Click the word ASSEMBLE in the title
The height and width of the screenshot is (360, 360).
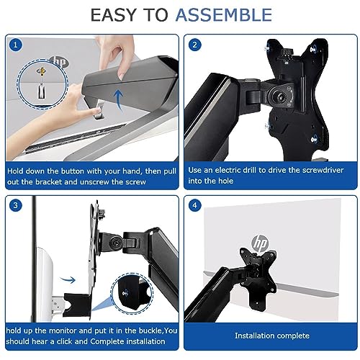224,15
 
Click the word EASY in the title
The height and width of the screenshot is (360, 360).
112,15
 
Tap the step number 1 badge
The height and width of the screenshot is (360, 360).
16,45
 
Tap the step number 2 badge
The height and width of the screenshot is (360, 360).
194,45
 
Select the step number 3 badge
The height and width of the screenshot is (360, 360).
16,205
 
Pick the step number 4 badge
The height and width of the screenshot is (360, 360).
194,205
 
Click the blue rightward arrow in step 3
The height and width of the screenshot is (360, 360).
68,279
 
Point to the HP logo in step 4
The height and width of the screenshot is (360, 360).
260,243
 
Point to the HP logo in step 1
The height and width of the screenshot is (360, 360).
59,63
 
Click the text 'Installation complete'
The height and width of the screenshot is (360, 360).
272,336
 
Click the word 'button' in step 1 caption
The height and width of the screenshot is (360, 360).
73,171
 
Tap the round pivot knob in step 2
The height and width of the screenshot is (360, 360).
279,96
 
